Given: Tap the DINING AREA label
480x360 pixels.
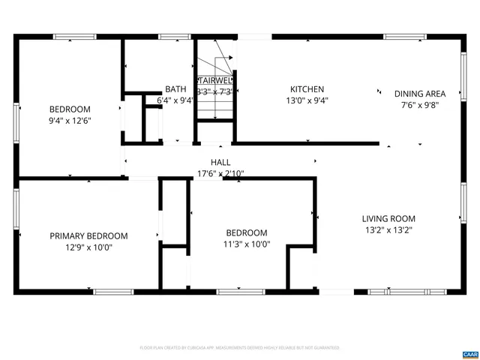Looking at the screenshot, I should [x=420, y=94].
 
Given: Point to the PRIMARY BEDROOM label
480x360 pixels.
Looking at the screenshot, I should [x=88, y=235].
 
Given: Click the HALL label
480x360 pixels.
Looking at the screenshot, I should [x=220, y=162].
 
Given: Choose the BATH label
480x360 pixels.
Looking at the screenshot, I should [x=175, y=88].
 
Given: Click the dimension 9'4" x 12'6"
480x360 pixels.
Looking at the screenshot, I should [x=70, y=120].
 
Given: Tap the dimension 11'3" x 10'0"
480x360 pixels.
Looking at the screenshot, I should [x=246, y=244].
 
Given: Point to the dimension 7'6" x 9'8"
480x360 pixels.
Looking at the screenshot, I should [x=420, y=105].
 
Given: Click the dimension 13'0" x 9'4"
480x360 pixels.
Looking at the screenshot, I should [x=307, y=100].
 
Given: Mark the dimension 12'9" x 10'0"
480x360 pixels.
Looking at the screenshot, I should [x=88, y=247].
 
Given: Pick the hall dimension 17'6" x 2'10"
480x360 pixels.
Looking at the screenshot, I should [x=220, y=173].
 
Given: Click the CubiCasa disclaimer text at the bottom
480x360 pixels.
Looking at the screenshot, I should [x=240, y=348].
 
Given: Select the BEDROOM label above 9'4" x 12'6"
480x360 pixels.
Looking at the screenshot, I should [x=70, y=109].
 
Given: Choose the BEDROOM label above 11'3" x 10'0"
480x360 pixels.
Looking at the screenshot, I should [x=246, y=232].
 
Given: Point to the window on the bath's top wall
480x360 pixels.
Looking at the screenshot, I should [x=173, y=36].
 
